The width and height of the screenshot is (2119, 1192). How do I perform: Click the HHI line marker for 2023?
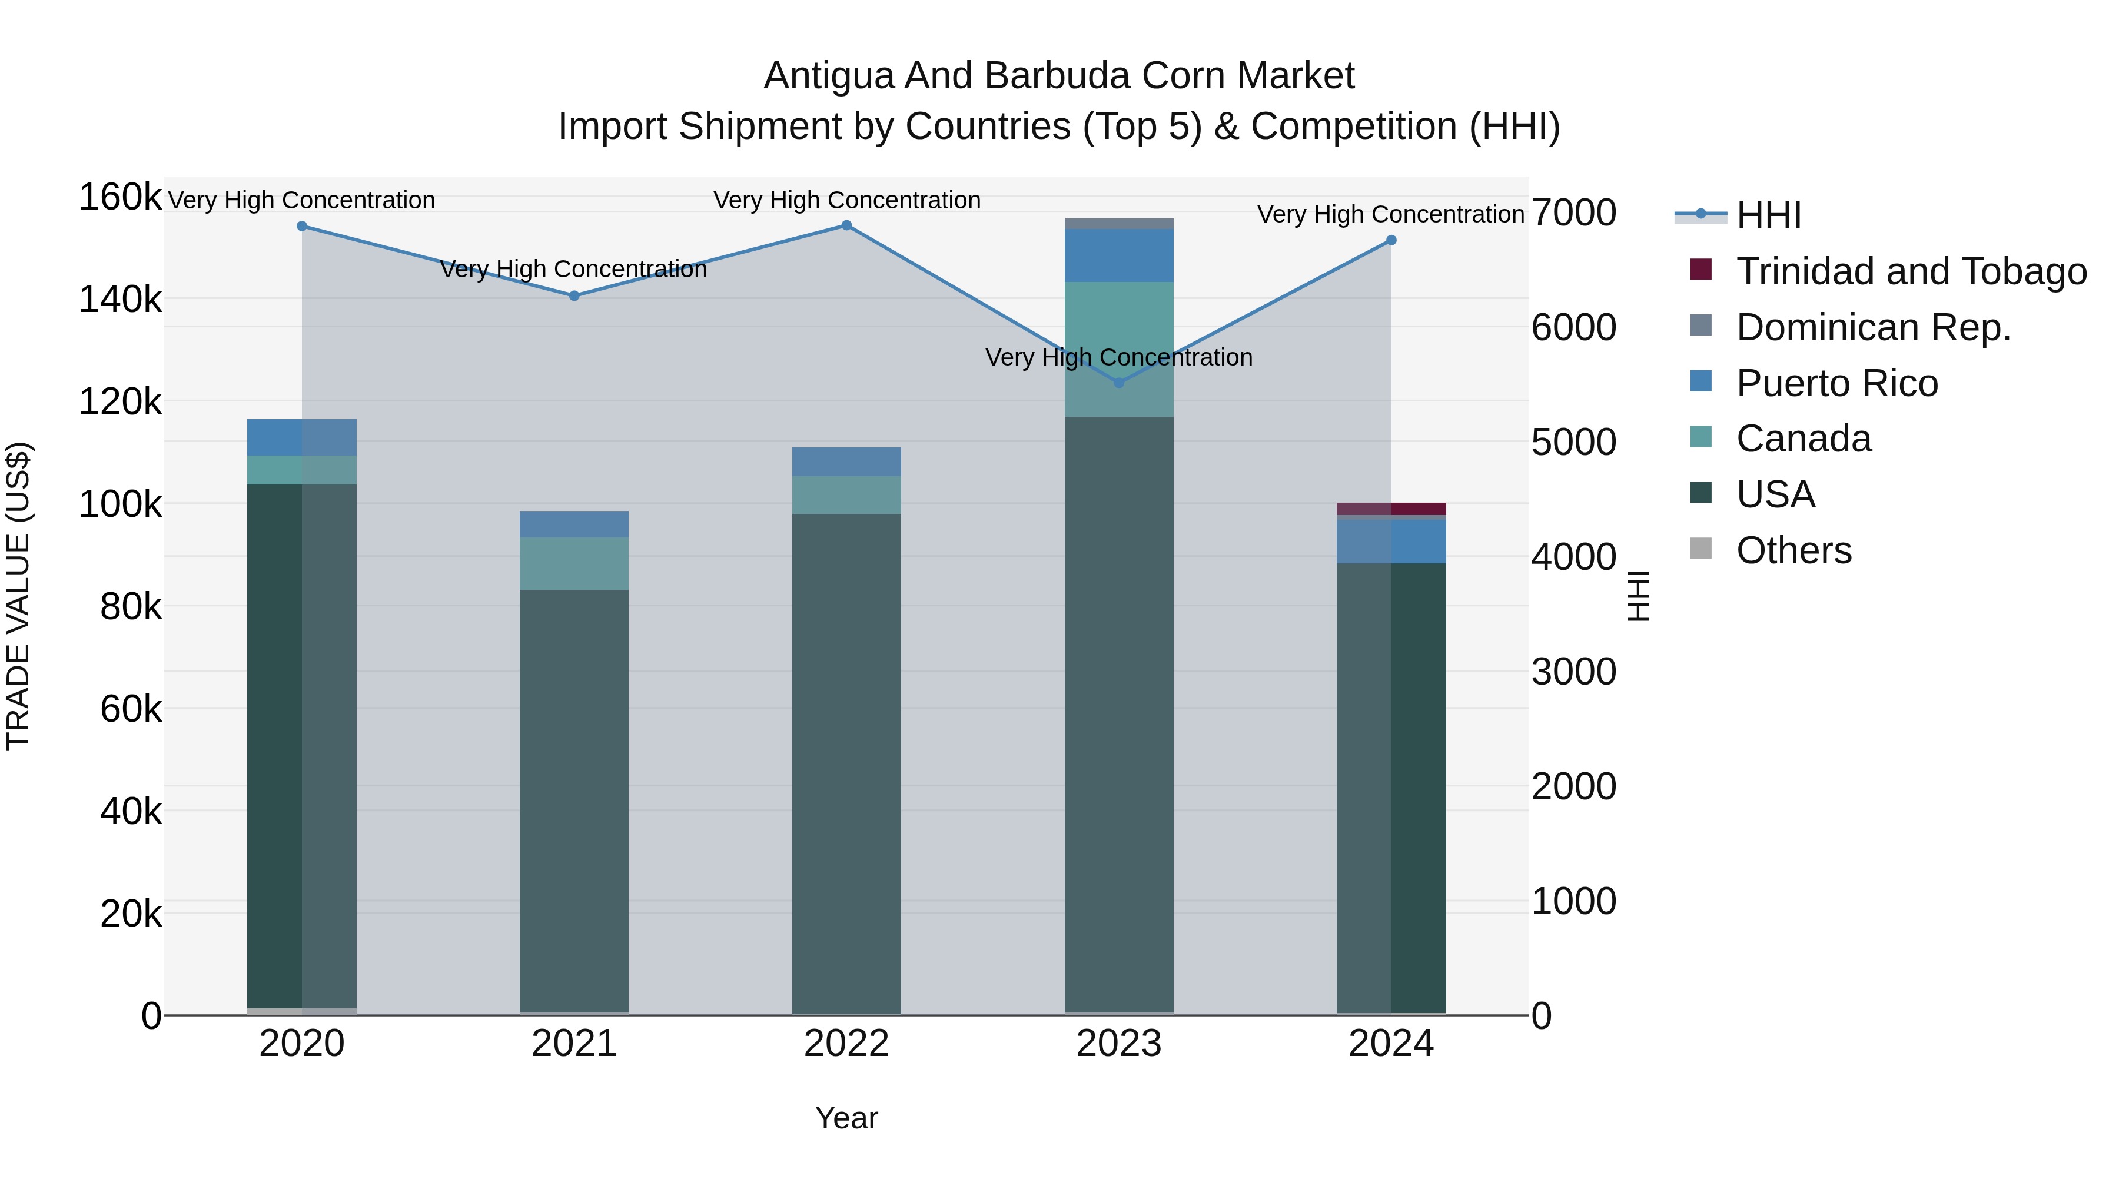(1119, 383)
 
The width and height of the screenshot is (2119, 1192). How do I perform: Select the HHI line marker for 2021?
(574, 295)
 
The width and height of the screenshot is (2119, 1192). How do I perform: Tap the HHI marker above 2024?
(1391, 240)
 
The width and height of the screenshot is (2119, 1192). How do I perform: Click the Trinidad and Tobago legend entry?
(1911, 271)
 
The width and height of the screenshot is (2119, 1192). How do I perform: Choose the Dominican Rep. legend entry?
(1873, 327)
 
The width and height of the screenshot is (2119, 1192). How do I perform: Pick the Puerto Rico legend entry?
(1837, 383)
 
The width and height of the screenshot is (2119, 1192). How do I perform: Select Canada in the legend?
(1803, 439)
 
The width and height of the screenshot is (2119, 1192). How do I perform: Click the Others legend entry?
(1793, 550)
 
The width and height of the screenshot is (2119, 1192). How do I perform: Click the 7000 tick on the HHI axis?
(1573, 213)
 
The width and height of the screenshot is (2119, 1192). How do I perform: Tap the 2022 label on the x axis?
(846, 1044)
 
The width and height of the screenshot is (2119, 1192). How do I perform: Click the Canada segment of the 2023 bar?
(1119, 349)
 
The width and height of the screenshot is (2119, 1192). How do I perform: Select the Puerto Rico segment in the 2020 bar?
(302, 437)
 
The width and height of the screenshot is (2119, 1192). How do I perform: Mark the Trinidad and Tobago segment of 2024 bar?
(1391, 509)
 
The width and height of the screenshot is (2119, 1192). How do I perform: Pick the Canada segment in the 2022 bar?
(846, 495)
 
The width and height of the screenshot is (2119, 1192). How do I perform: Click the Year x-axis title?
(846, 1118)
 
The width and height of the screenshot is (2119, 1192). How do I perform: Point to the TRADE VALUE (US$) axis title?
(19, 596)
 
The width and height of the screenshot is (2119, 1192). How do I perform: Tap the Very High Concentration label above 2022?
(846, 200)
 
